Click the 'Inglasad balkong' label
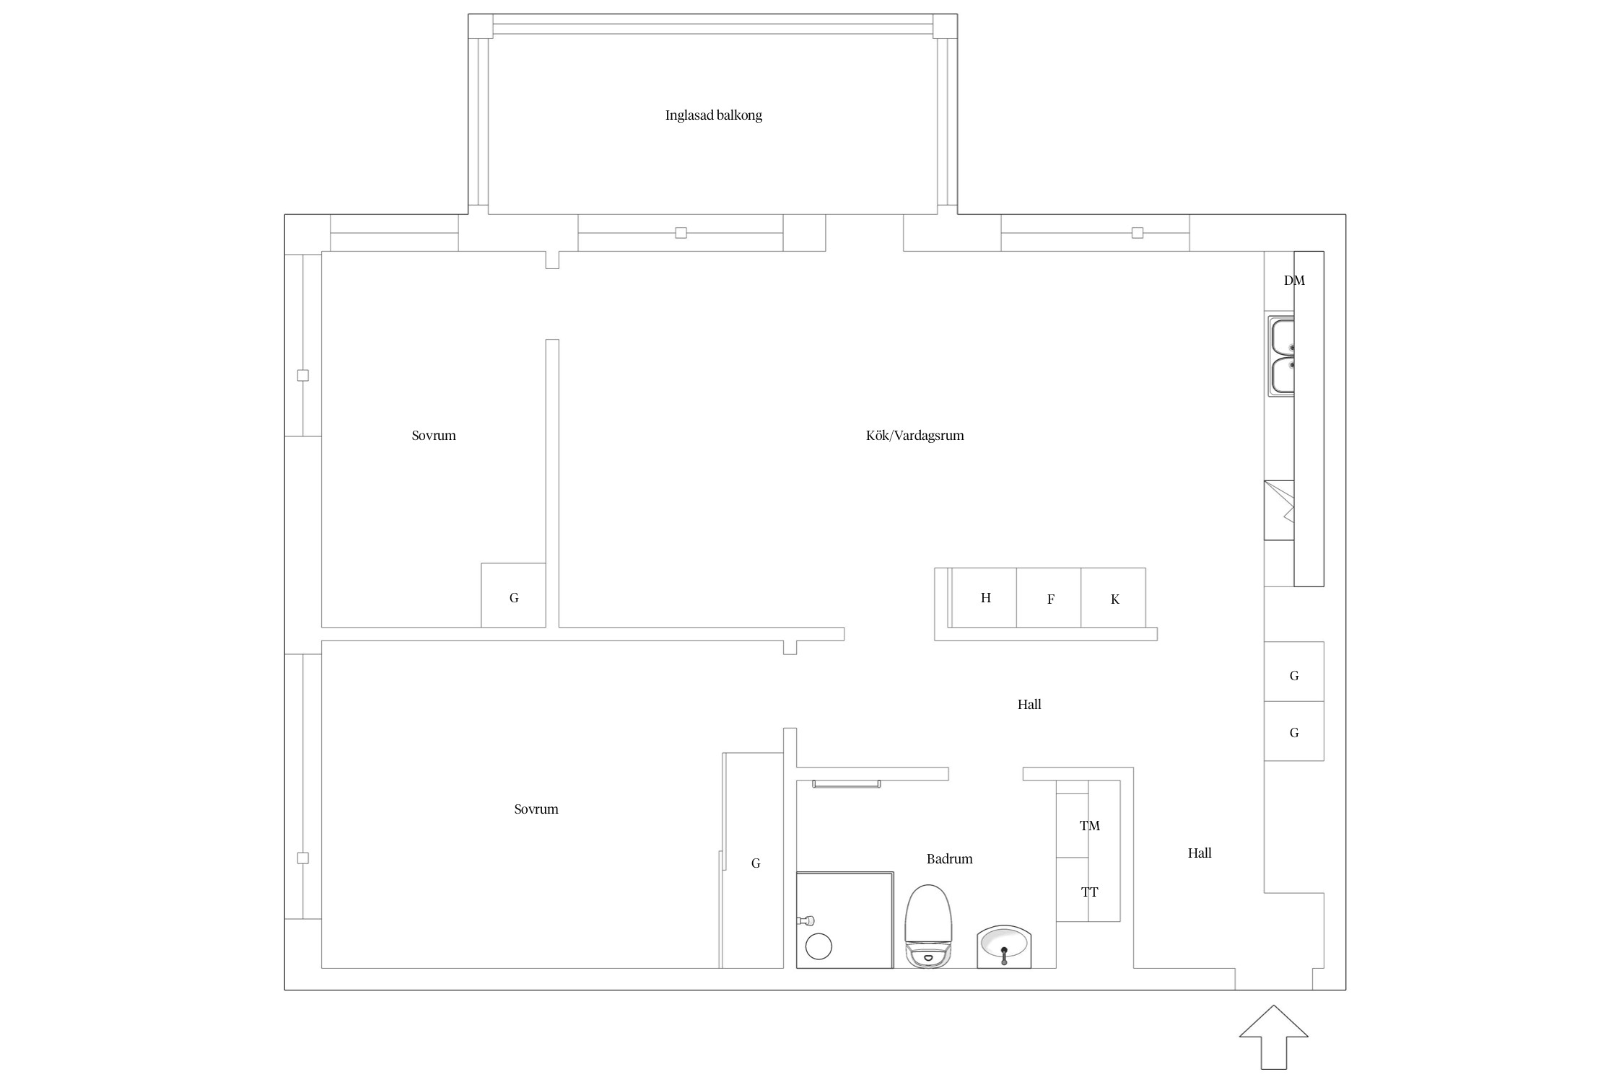713,115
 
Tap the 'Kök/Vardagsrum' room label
914,436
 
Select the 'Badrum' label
949,859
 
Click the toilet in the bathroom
929,926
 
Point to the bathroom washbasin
1004,946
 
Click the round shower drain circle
818,946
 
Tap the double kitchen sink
1281,356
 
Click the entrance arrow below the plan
1274,1037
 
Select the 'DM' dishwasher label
1294,281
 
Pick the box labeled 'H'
984,598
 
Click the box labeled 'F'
1049,598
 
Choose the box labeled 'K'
1113,598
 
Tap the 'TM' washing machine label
1089,826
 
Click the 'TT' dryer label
1089,892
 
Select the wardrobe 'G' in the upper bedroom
513,595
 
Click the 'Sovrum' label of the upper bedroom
434,436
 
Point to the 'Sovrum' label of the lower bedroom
536,809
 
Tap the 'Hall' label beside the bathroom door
1029,705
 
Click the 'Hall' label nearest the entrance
1200,853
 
